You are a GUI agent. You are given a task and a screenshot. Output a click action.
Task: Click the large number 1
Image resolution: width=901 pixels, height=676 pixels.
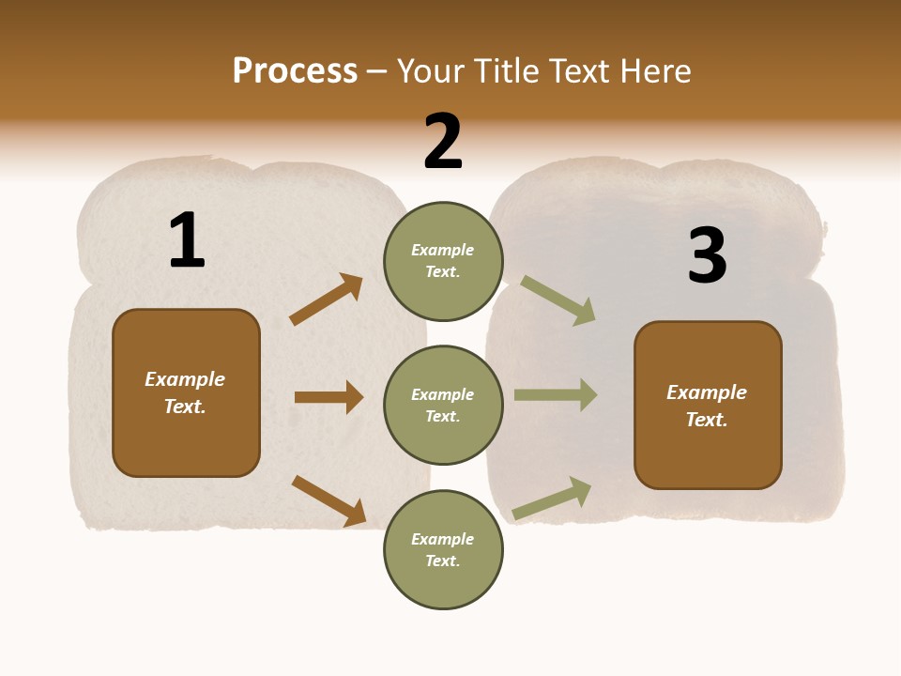pos(187,240)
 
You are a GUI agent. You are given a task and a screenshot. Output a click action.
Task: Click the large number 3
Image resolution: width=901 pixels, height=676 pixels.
pos(708,255)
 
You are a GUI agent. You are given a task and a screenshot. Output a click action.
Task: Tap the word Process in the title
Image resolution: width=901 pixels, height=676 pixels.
pos(295,71)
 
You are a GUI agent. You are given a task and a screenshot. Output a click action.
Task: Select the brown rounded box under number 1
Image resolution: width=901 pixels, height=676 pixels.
pos(186,392)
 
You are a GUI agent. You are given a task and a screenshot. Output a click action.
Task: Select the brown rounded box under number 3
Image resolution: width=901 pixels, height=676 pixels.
pos(708,405)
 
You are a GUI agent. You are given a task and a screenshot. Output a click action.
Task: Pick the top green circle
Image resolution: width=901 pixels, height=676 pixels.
pos(443,261)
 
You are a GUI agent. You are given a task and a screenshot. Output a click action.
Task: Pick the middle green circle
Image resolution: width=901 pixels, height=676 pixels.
pos(443,405)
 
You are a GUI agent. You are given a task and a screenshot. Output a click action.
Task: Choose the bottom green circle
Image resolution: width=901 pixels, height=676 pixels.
pos(443,549)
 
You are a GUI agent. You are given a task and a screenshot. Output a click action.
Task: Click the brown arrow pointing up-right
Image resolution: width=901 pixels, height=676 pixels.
pos(327,299)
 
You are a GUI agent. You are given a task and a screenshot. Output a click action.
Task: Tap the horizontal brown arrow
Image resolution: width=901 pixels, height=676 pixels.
pos(328,397)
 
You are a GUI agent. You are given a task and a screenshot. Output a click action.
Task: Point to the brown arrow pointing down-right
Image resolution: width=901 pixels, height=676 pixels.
pos(328,500)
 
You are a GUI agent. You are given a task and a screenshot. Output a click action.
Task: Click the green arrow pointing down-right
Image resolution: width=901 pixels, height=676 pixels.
pos(558,300)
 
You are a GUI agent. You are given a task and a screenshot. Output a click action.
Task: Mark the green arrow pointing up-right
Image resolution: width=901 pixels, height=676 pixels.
pos(552,499)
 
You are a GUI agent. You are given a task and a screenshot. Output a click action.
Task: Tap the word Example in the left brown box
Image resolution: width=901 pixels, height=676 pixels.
pos(185,379)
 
